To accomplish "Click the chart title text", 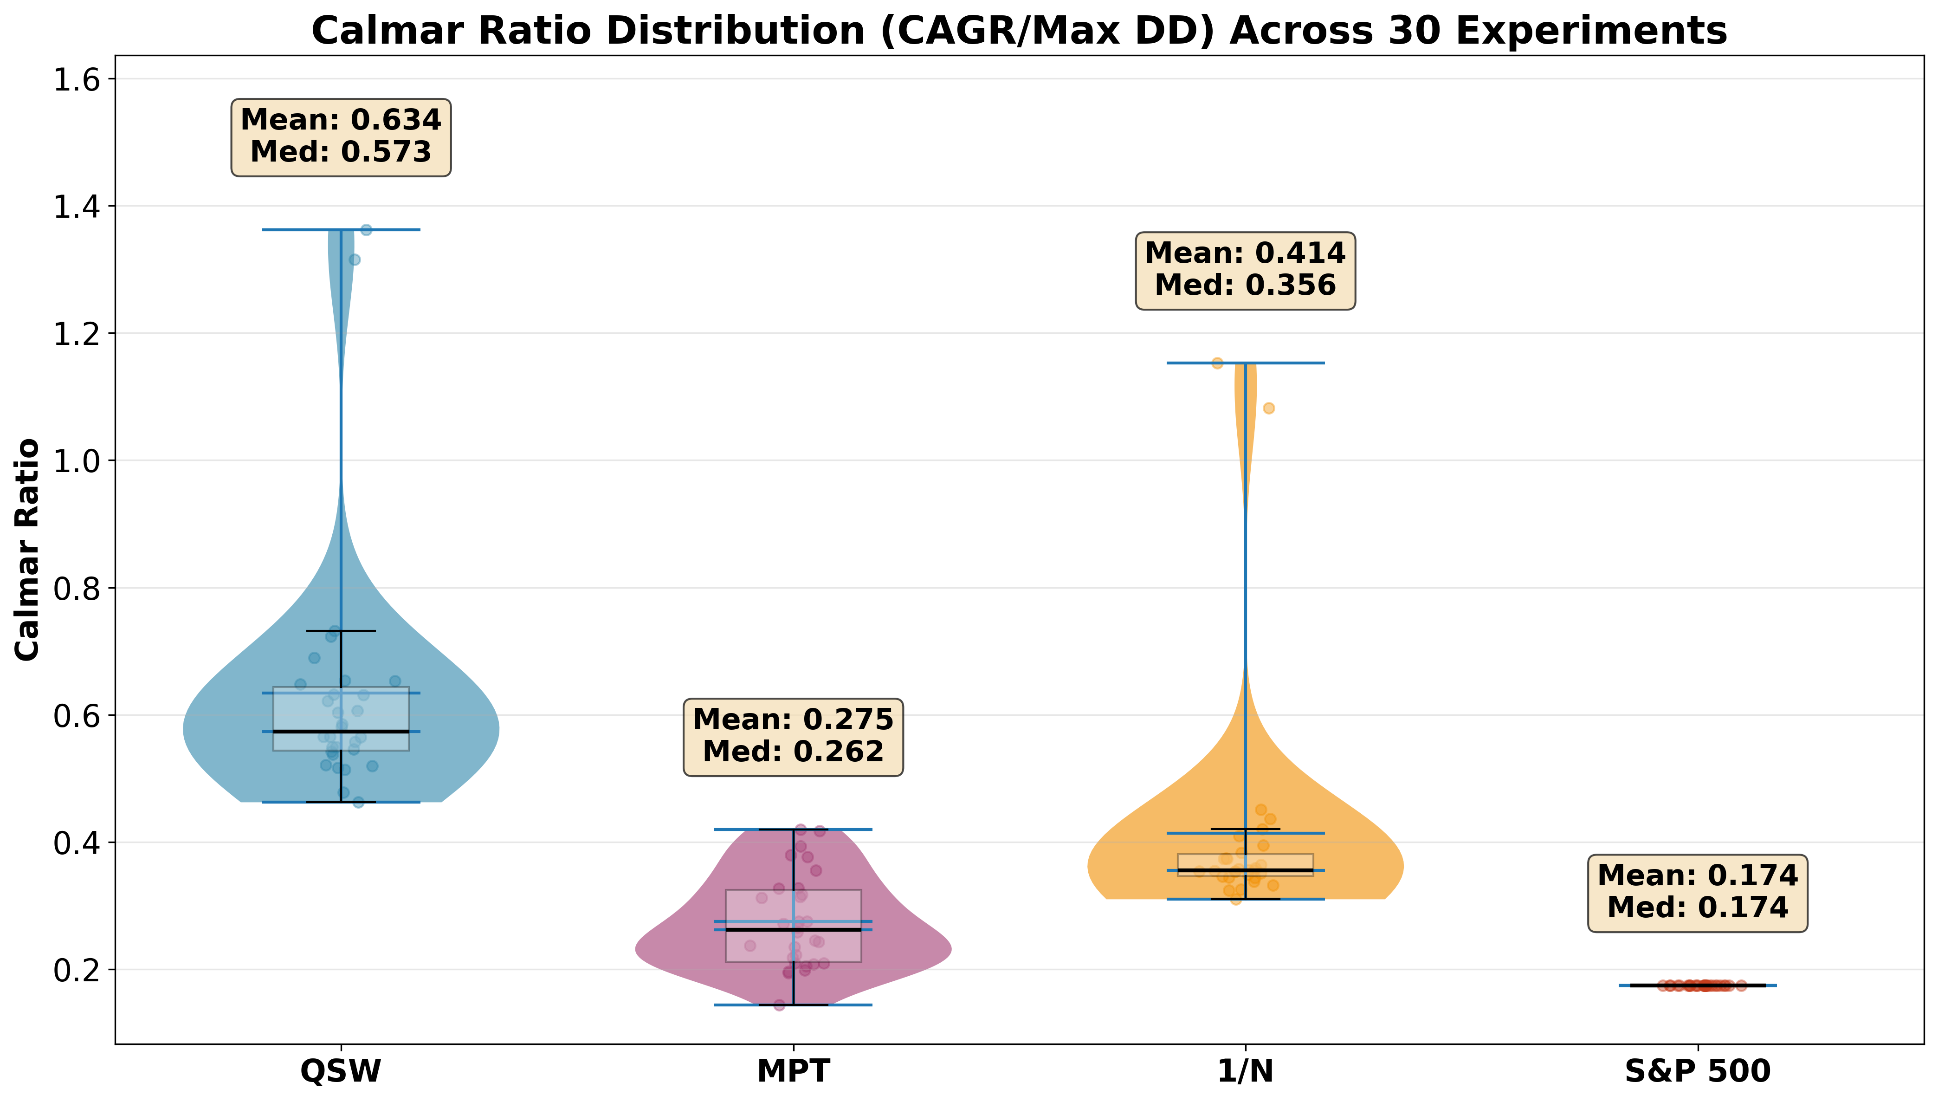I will tap(1019, 31).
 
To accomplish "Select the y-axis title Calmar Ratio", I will tap(28, 550).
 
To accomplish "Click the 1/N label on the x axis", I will tap(1245, 1071).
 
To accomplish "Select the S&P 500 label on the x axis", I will tap(1698, 1071).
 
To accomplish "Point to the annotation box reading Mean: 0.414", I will tap(1245, 270).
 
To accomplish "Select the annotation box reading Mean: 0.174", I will tap(1698, 893).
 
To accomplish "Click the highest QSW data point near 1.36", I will tap(366, 230).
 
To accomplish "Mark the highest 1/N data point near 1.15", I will tap(1217, 363).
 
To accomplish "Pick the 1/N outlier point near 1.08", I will tap(1268, 408).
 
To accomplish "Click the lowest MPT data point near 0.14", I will tap(779, 1005).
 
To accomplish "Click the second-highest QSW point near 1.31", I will tap(354, 259).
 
